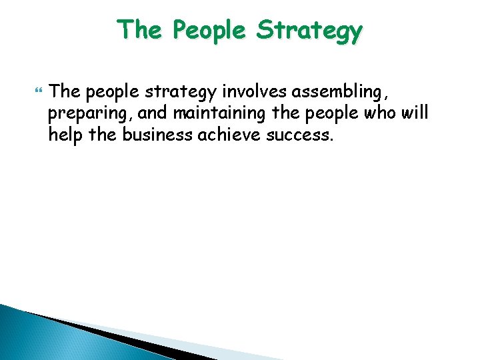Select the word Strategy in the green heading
coord(309,31)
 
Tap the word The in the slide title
coord(137,30)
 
